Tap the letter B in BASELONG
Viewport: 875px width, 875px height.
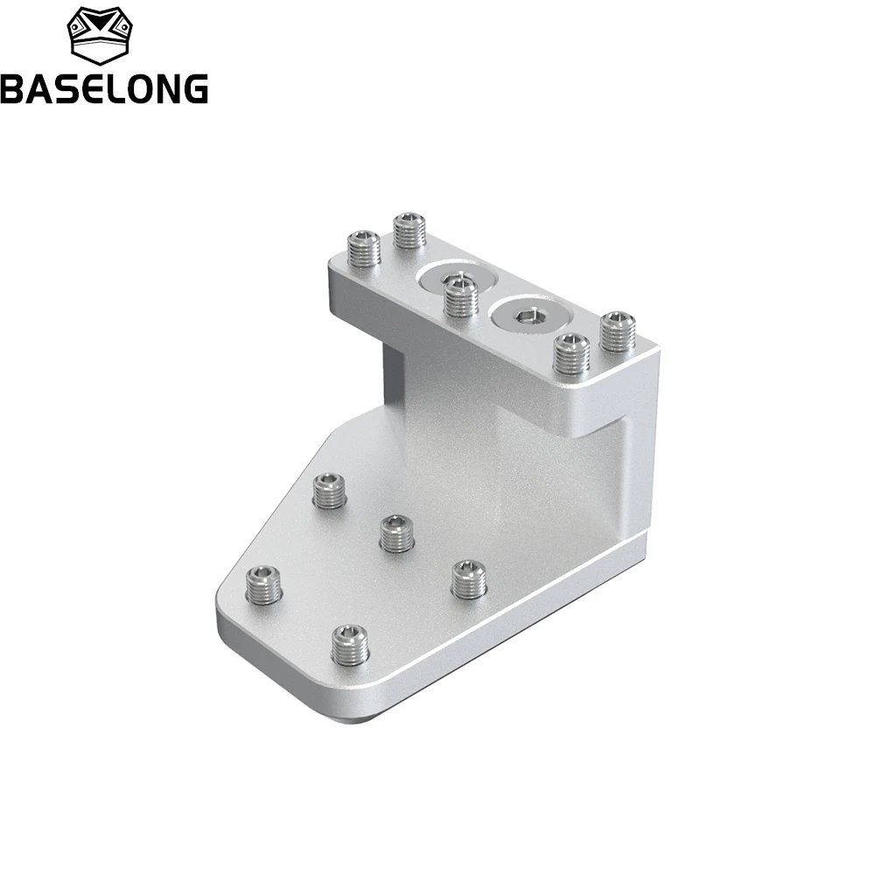[12, 88]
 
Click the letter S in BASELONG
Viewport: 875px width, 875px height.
[65, 88]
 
